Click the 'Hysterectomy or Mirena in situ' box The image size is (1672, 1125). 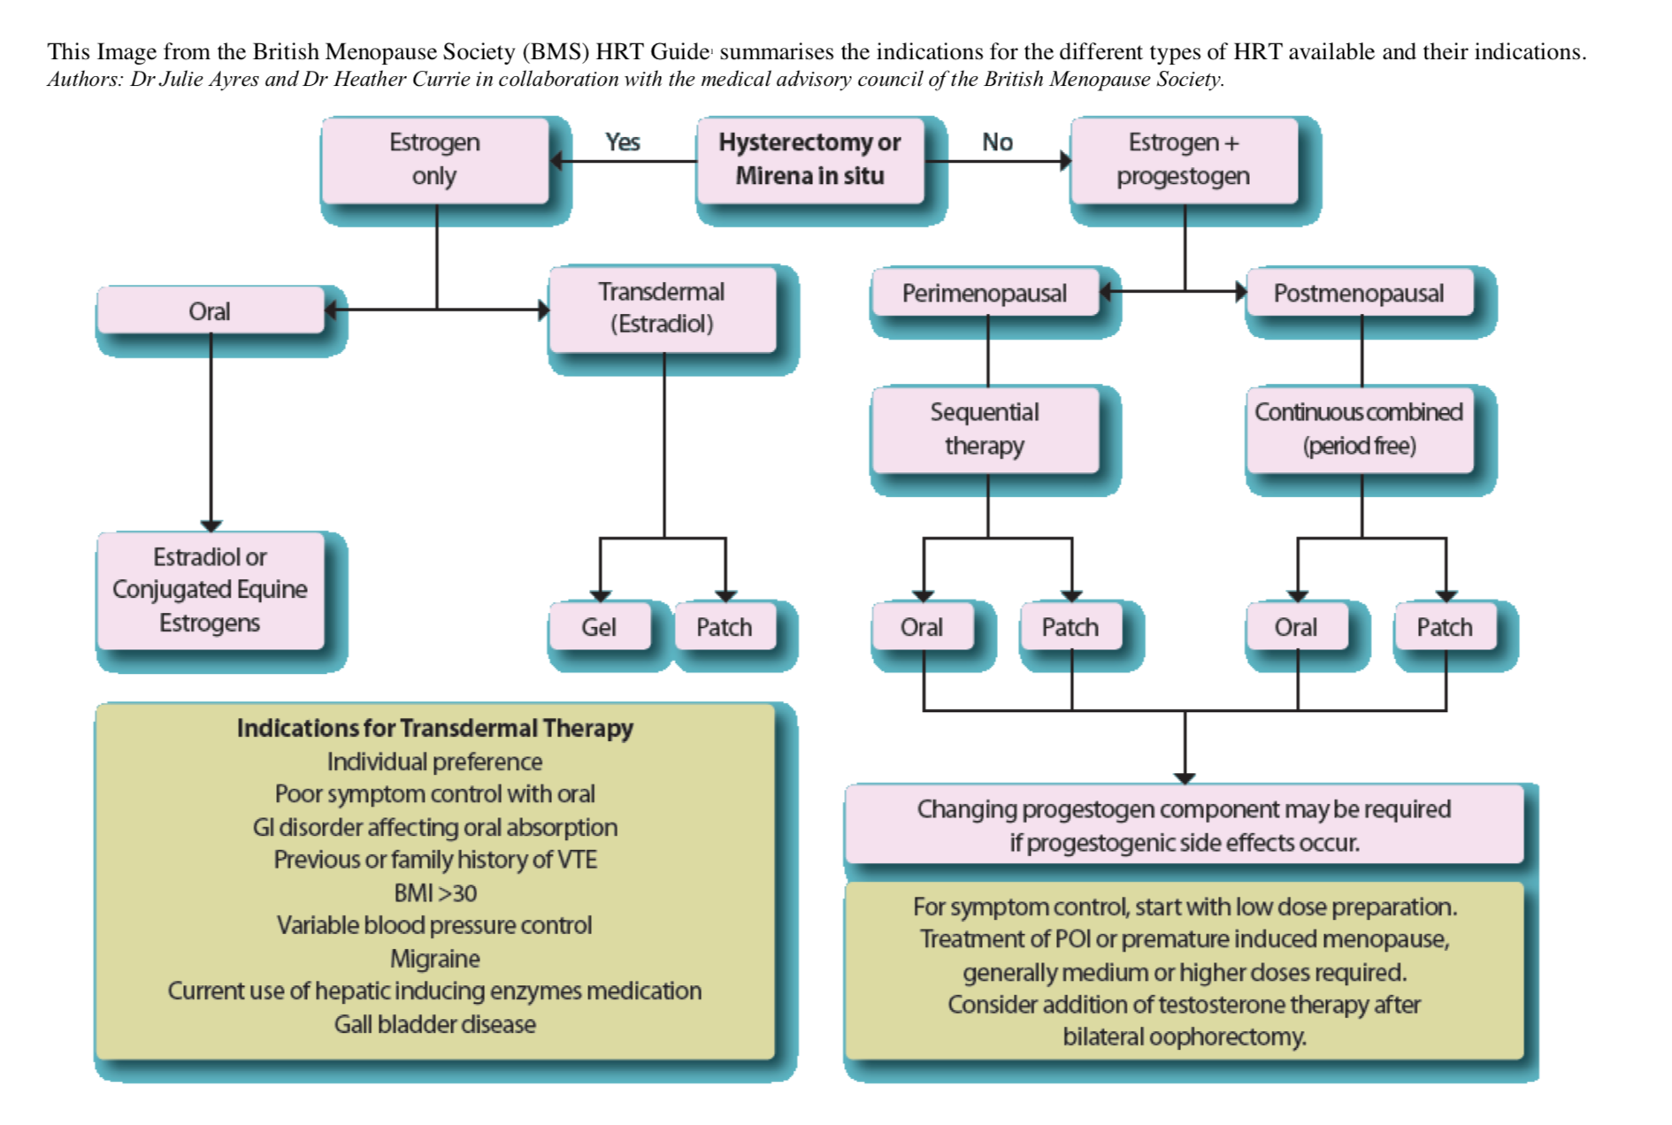tap(809, 160)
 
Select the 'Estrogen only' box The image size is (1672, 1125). tap(434, 160)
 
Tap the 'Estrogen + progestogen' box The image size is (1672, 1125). tap(1184, 160)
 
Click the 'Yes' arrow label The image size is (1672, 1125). tap(623, 142)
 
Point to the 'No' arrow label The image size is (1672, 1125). tap(997, 142)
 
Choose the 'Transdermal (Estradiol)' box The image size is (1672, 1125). tap(663, 308)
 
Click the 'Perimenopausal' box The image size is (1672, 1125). tap(985, 293)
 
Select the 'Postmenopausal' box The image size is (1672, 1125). tap(1359, 293)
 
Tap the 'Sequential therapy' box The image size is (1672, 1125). tap(985, 429)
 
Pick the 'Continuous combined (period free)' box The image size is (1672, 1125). tap(1359, 429)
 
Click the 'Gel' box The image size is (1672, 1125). tap(599, 627)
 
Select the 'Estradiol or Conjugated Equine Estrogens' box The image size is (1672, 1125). tap(211, 590)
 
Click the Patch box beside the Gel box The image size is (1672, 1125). tap(725, 627)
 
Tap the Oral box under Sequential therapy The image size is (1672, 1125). tap(922, 627)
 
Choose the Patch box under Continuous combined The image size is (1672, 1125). tap(1445, 627)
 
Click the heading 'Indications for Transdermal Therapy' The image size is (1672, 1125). tap(434, 728)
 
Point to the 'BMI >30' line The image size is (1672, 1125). tap(434, 892)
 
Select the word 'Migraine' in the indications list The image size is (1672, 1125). tap(434, 959)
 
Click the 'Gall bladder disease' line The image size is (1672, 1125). tap(434, 1024)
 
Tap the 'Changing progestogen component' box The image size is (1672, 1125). tap(1184, 825)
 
